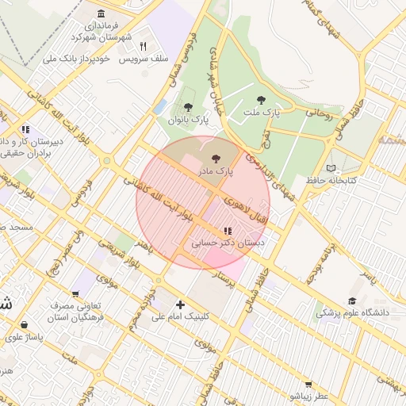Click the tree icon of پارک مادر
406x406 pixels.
(218, 159)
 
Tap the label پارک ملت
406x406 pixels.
(262, 113)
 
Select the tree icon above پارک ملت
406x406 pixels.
(261, 100)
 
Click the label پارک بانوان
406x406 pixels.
(188, 120)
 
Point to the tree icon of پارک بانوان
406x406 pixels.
(188, 107)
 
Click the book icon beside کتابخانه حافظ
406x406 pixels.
(331, 168)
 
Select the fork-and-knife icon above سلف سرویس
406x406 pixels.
(143, 46)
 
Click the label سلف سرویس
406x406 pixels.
(144, 59)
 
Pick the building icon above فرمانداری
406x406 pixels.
(101, 14)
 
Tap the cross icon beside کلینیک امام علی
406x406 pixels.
(181, 304)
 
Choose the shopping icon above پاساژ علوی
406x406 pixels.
(25, 324)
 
